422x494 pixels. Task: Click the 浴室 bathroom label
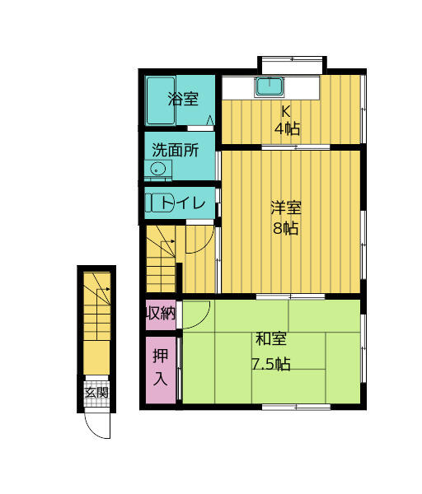pyautogui.click(x=183, y=100)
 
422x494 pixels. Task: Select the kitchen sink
pyautogui.click(x=269, y=86)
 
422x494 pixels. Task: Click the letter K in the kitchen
pyautogui.click(x=286, y=111)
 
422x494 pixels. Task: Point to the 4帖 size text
pyautogui.click(x=287, y=128)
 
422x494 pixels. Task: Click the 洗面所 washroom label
pyautogui.click(x=175, y=151)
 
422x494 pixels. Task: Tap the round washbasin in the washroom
pyautogui.click(x=157, y=170)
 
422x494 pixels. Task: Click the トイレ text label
pyautogui.click(x=189, y=203)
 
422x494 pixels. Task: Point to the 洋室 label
pyautogui.click(x=286, y=208)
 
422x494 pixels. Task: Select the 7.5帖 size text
pyautogui.click(x=270, y=363)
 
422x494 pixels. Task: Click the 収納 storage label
pyautogui.click(x=161, y=312)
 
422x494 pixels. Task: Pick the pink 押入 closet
pyautogui.click(x=161, y=369)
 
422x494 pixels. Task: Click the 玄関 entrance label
pyautogui.click(x=96, y=393)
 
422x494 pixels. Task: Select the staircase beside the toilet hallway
pyautogui.click(x=161, y=259)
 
